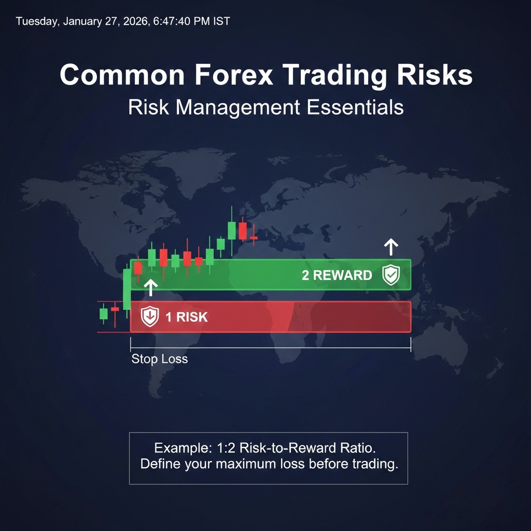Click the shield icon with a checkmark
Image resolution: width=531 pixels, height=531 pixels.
pyautogui.click(x=391, y=275)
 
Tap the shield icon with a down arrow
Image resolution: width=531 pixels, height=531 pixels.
pyautogui.click(x=150, y=316)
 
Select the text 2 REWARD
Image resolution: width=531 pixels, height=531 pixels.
pyautogui.click(x=337, y=275)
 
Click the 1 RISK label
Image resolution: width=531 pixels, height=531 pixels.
pyautogui.click(x=186, y=317)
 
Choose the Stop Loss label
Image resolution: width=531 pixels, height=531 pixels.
pyautogui.click(x=159, y=359)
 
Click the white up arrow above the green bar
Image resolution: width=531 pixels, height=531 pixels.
pyautogui.click(x=391, y=247)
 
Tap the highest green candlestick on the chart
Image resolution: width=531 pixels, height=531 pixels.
pyautogui.click(x=232, y=230)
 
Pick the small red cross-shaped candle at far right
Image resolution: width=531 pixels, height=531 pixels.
pyautogui.click(x=254, y=237)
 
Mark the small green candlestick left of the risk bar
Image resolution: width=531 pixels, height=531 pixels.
pyautogui.click(x=103, y=314)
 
